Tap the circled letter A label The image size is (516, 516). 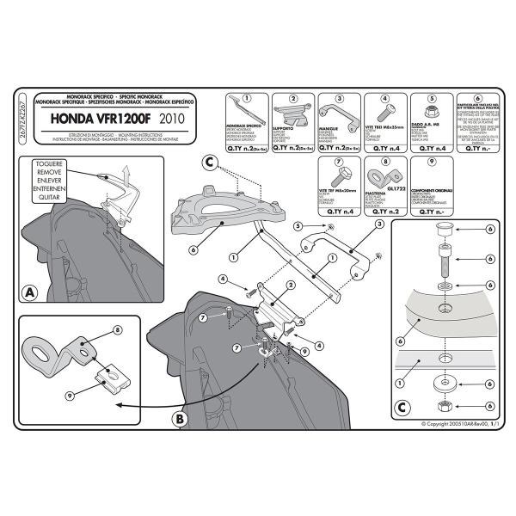[31, 292]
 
